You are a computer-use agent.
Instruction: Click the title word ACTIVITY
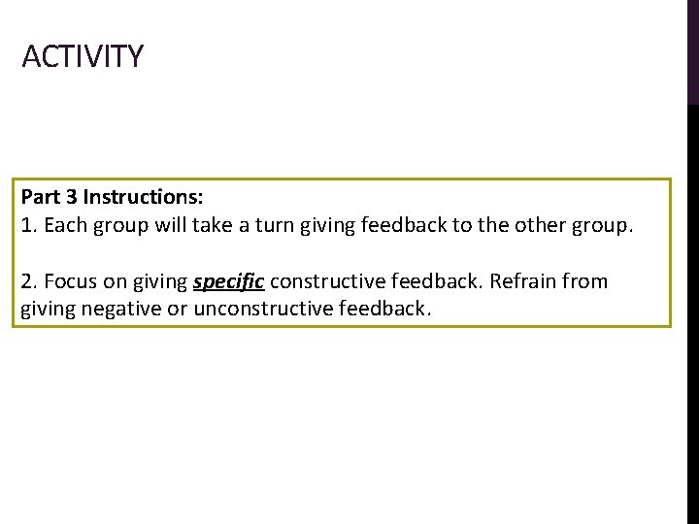[x=83, y=56]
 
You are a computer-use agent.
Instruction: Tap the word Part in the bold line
[x=40, y=197]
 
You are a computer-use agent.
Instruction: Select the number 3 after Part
[x=70, y=197]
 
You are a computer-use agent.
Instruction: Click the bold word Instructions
[x=143, y=197]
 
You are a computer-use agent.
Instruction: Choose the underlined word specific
[x=228, y=282]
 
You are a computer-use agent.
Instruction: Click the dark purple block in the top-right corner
[x=692, y=50]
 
